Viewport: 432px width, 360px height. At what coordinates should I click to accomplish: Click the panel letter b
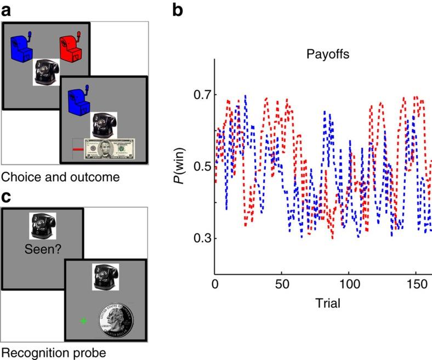178,9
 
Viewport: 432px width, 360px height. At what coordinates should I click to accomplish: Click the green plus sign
83,321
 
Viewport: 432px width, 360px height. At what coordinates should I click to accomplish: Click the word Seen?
43,249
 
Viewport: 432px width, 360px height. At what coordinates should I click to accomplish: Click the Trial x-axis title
323,303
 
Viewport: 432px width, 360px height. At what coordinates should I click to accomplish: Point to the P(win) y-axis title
180,166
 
